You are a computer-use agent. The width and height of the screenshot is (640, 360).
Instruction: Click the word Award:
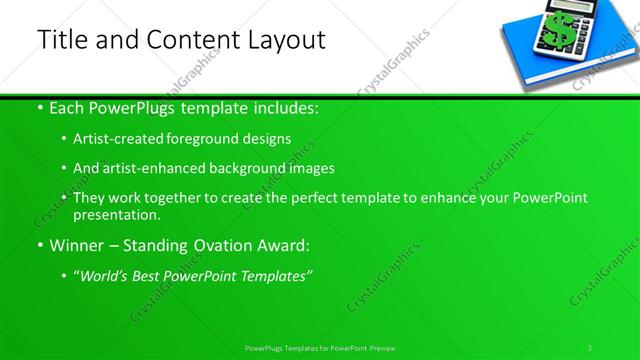pos(284,245)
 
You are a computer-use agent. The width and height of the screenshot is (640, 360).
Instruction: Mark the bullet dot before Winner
pos(39,246)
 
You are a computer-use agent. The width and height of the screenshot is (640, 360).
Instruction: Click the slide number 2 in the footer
pos(590,348)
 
